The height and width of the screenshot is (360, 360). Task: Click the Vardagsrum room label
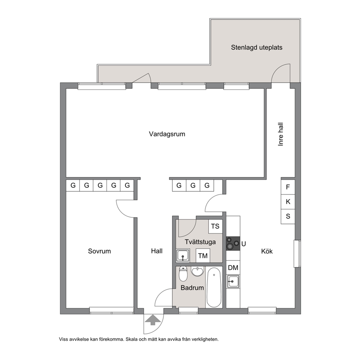click(167, 134)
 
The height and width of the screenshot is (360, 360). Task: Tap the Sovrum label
click(99, 251)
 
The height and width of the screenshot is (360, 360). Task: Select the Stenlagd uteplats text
click(257, 48)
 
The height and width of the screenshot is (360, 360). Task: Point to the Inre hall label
click(281, 134)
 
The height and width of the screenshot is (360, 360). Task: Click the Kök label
click(267, 251)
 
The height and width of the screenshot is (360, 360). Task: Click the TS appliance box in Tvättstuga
click(215, 226)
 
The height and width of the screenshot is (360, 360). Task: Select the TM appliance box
click(203, 255)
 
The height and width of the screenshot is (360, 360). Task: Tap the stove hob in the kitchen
click(233, 244)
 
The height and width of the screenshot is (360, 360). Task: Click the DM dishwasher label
click(233, 267)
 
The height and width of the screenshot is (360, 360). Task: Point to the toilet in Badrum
click(183, 274)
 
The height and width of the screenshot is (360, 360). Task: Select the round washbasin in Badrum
click(197, 271)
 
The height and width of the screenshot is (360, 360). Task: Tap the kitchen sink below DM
click(233, 282)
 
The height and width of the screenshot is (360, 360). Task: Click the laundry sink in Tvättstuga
click(183, 255)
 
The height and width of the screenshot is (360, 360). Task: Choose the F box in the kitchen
click(288, 187)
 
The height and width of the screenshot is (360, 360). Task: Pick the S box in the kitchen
click(288, 216)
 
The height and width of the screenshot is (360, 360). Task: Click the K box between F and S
click(288, 201)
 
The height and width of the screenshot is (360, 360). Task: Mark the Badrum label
click(192, 288)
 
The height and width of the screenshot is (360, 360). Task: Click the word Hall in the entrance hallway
click(157, 251)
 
